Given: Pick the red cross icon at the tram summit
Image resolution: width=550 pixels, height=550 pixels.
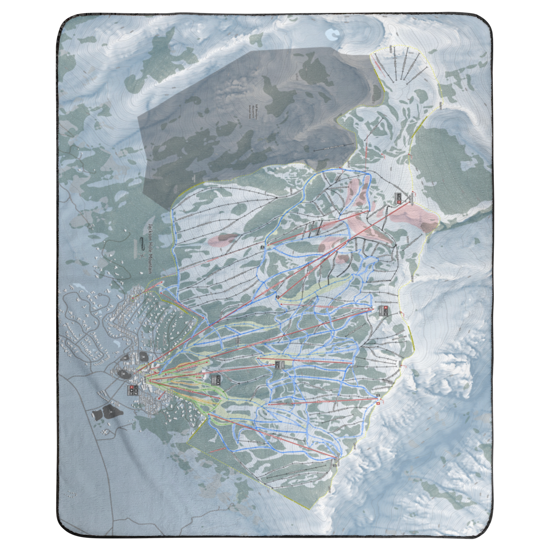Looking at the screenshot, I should coord(399,202).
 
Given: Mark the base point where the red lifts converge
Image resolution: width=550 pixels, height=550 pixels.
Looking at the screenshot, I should coord(148,380).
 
